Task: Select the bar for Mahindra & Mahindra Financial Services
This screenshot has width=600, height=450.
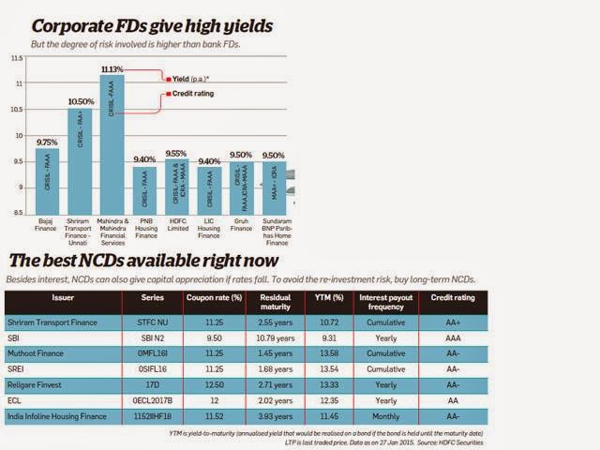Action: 112,150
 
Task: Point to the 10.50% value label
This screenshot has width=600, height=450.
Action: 79,101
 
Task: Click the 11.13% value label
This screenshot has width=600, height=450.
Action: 112,68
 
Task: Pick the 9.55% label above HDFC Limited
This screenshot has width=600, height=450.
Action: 176,153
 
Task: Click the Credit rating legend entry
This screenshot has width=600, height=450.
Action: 190,94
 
